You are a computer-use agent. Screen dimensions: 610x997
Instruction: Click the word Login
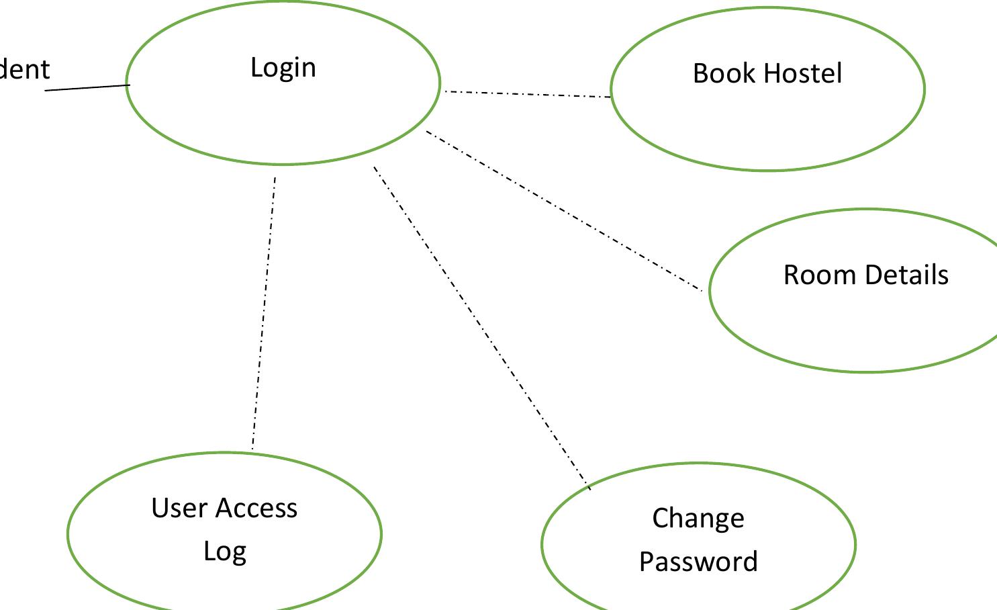click(x=283, y=68)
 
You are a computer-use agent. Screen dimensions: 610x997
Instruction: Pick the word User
click(x=178, y=508)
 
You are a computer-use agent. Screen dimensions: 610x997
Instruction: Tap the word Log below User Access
click(x=225, y=552)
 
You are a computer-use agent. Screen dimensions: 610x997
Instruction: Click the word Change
click(x=698, y=519)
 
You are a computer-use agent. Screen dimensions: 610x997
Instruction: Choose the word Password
click(x=698, y=562)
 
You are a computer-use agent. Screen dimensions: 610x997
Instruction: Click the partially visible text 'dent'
click(x=24, y=69)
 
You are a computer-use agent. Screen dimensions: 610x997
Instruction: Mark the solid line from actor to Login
click(x=87, y=87)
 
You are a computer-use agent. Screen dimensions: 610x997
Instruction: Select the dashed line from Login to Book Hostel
click(x=527, y=94)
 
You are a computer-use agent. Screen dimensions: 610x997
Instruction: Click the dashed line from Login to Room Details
click(x=564, y=210)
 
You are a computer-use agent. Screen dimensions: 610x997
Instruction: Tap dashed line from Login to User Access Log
click(x=264, y=312)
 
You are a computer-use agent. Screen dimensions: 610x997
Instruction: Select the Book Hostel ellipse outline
click(x=767, y=170)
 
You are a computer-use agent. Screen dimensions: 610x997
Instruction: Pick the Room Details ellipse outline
click(x=866, y=371)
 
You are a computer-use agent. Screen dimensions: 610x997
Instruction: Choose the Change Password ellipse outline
click(x=698, y=464)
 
